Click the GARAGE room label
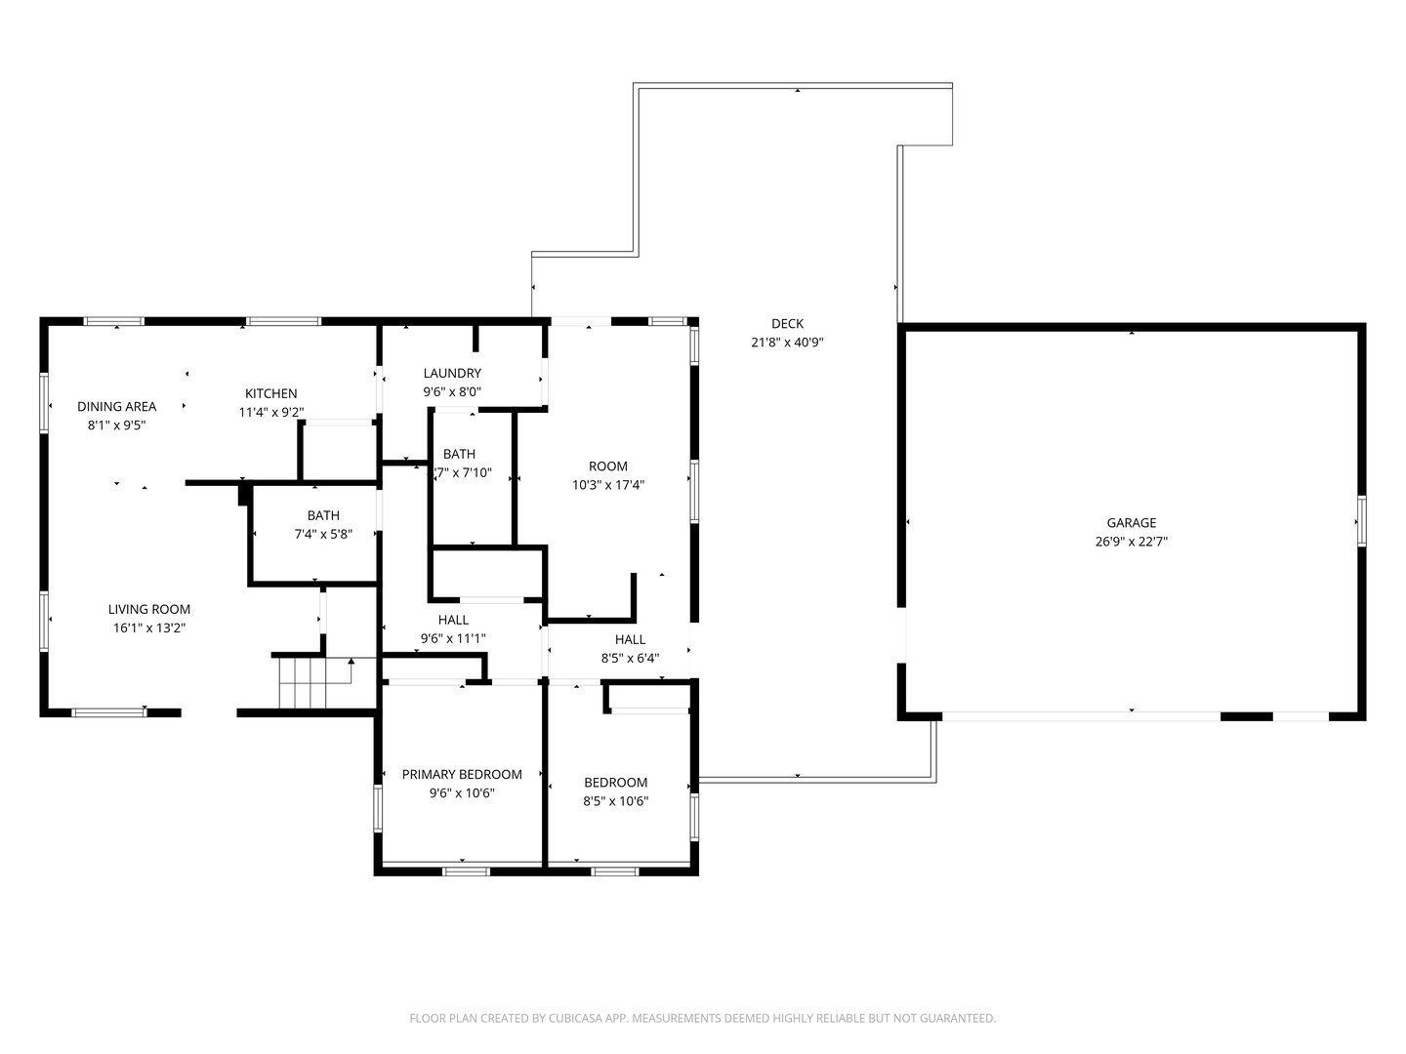tap(1132, 523)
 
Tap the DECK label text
tap(787, 324)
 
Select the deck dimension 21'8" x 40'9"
tap(787, 343)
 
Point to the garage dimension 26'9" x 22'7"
tap(1132, 542)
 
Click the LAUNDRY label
tap(452, 373)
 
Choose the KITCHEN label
tap(271, 393)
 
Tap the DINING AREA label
tap(116, 406)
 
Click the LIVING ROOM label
tap(149, 609)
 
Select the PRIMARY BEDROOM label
tap(462, 774)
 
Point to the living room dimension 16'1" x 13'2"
tap(149, 628)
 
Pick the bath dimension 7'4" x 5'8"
tap(323, 534)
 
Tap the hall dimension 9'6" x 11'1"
tap(453, 638)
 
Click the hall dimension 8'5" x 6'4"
tap(631, 658)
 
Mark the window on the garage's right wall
tap(1362, 521)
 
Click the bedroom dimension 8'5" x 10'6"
tap(615, 800)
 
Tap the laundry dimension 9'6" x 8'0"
tap(452, 391)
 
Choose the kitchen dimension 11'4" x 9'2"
tap(271, 412)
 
